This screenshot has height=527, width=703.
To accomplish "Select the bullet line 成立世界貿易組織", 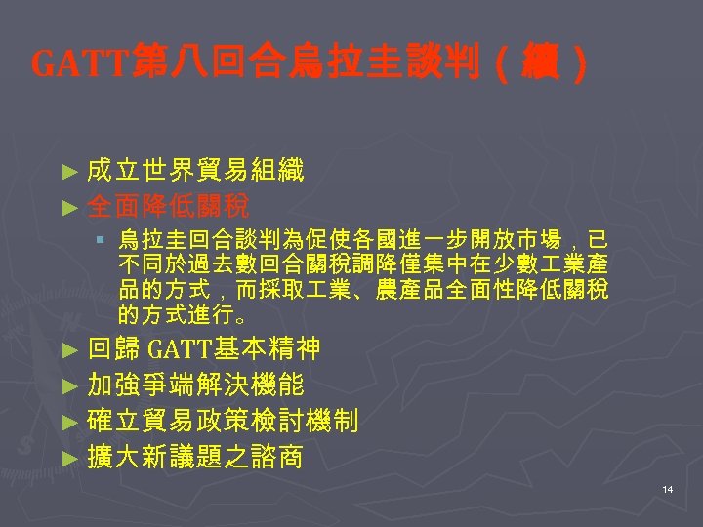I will pos(195,172).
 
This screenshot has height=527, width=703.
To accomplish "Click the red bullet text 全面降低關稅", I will pos(168,206).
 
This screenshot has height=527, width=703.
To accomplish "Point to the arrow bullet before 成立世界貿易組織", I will pos(67,173).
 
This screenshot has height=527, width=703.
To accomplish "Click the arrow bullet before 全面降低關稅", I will pos(67,207).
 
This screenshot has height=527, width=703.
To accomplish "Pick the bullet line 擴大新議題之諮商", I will pos(195,456).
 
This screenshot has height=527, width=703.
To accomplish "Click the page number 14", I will pos(667,489).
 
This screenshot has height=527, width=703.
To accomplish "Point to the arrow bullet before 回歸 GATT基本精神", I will pos(67,349).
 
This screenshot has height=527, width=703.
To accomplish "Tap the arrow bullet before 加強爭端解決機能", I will pos(67,385).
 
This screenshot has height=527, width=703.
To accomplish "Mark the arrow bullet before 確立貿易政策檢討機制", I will pos(67,422).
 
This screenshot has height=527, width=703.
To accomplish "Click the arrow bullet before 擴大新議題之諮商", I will pos(67,457).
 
